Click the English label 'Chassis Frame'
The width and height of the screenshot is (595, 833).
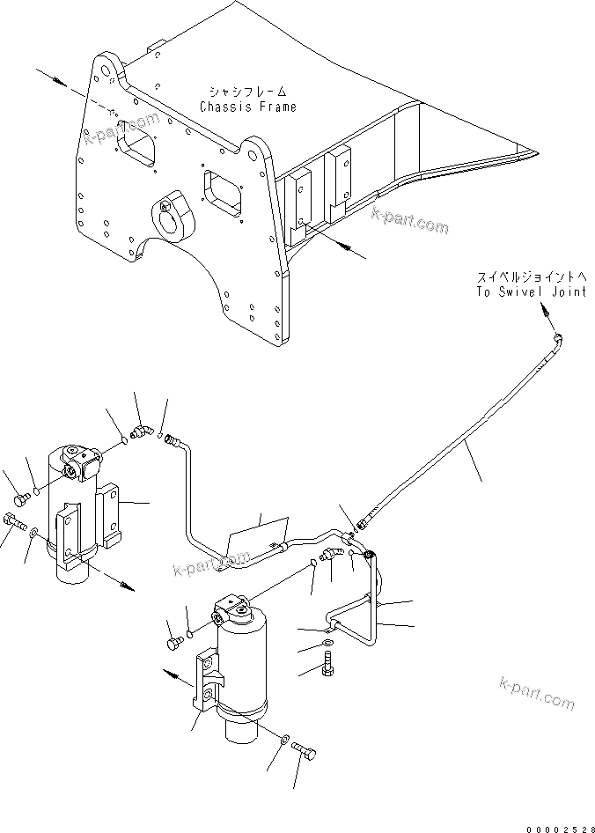click(x=247, y=107)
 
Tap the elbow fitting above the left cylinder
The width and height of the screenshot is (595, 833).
click(x=140, y=431)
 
